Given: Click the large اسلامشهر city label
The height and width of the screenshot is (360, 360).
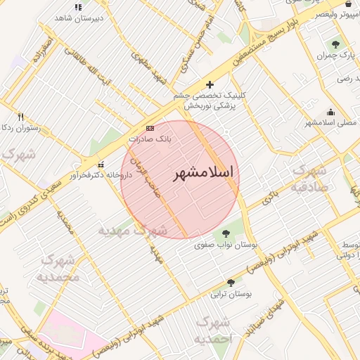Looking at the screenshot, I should point(203,172).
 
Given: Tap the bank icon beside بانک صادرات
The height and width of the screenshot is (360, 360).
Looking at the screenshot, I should point(149,129).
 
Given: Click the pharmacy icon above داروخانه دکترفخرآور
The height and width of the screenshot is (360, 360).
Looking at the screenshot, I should point(101,165).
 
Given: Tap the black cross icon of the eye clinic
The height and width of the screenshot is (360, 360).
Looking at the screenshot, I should point(210,84).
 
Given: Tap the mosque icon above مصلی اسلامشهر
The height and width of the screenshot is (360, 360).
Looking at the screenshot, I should point(331,112).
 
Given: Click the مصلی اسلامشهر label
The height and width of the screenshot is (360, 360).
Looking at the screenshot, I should point(328,122).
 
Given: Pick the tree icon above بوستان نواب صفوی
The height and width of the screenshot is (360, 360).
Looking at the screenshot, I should point(226,233).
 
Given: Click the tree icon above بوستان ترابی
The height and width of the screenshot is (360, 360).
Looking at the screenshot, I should point(231,283).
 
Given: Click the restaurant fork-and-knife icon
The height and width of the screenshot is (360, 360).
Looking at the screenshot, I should point(20,117).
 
